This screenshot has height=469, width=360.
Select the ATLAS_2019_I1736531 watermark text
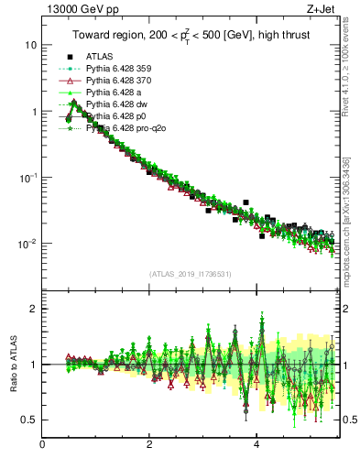[x=191, y=274]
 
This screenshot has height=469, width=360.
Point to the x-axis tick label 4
[x=256, y=446]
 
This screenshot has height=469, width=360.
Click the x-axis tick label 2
[x=149, y=446]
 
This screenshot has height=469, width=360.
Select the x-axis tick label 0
[x=43, y=446]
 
